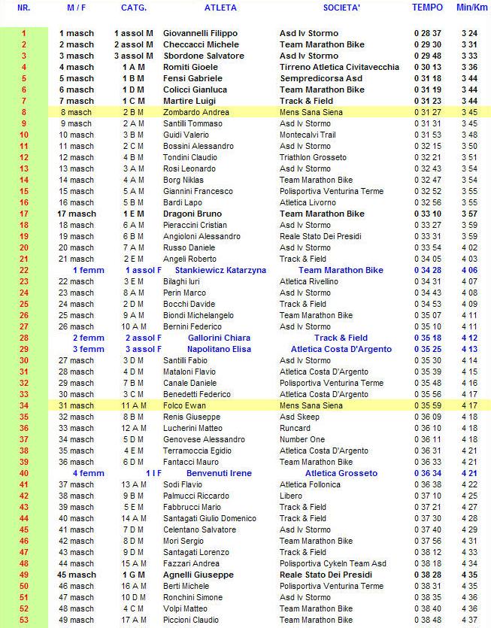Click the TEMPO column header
pyautogui.click(x=427, y=8)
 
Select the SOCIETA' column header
pyautogui.click(x=341, y=8)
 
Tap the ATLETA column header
pyautogui.click(x=220, y=8)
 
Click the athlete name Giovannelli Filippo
pyautogui.click(x=200, y=33)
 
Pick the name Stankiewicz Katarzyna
pyautogui.click(x=220, y=270)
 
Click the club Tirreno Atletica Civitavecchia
pyautogui.click(x=339, y=67)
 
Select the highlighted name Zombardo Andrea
pyautogui.click(x=196, y=112)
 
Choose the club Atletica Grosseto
pyautogui.click(x=341, y=473)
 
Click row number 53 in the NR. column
pyautogui.click(x=23, y=620)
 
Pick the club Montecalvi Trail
pyautogui.click(x=308, y=135)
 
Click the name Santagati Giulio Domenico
pyautogui.click(x=210, y=518)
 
